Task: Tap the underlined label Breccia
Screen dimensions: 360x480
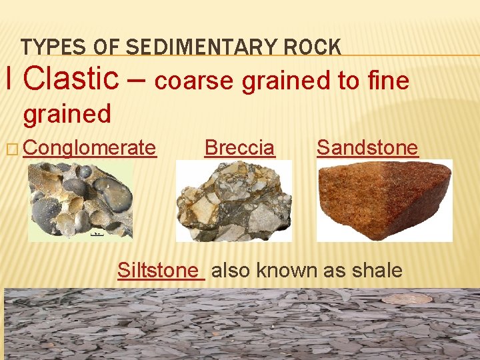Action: point(239,147)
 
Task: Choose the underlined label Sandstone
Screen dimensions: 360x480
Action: point(367,147)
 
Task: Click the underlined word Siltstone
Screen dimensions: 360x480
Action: point(158,270)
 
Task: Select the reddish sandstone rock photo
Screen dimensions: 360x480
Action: point(384,200)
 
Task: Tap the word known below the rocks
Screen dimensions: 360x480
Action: point(289,270)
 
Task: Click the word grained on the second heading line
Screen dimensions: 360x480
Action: point(67,114)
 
